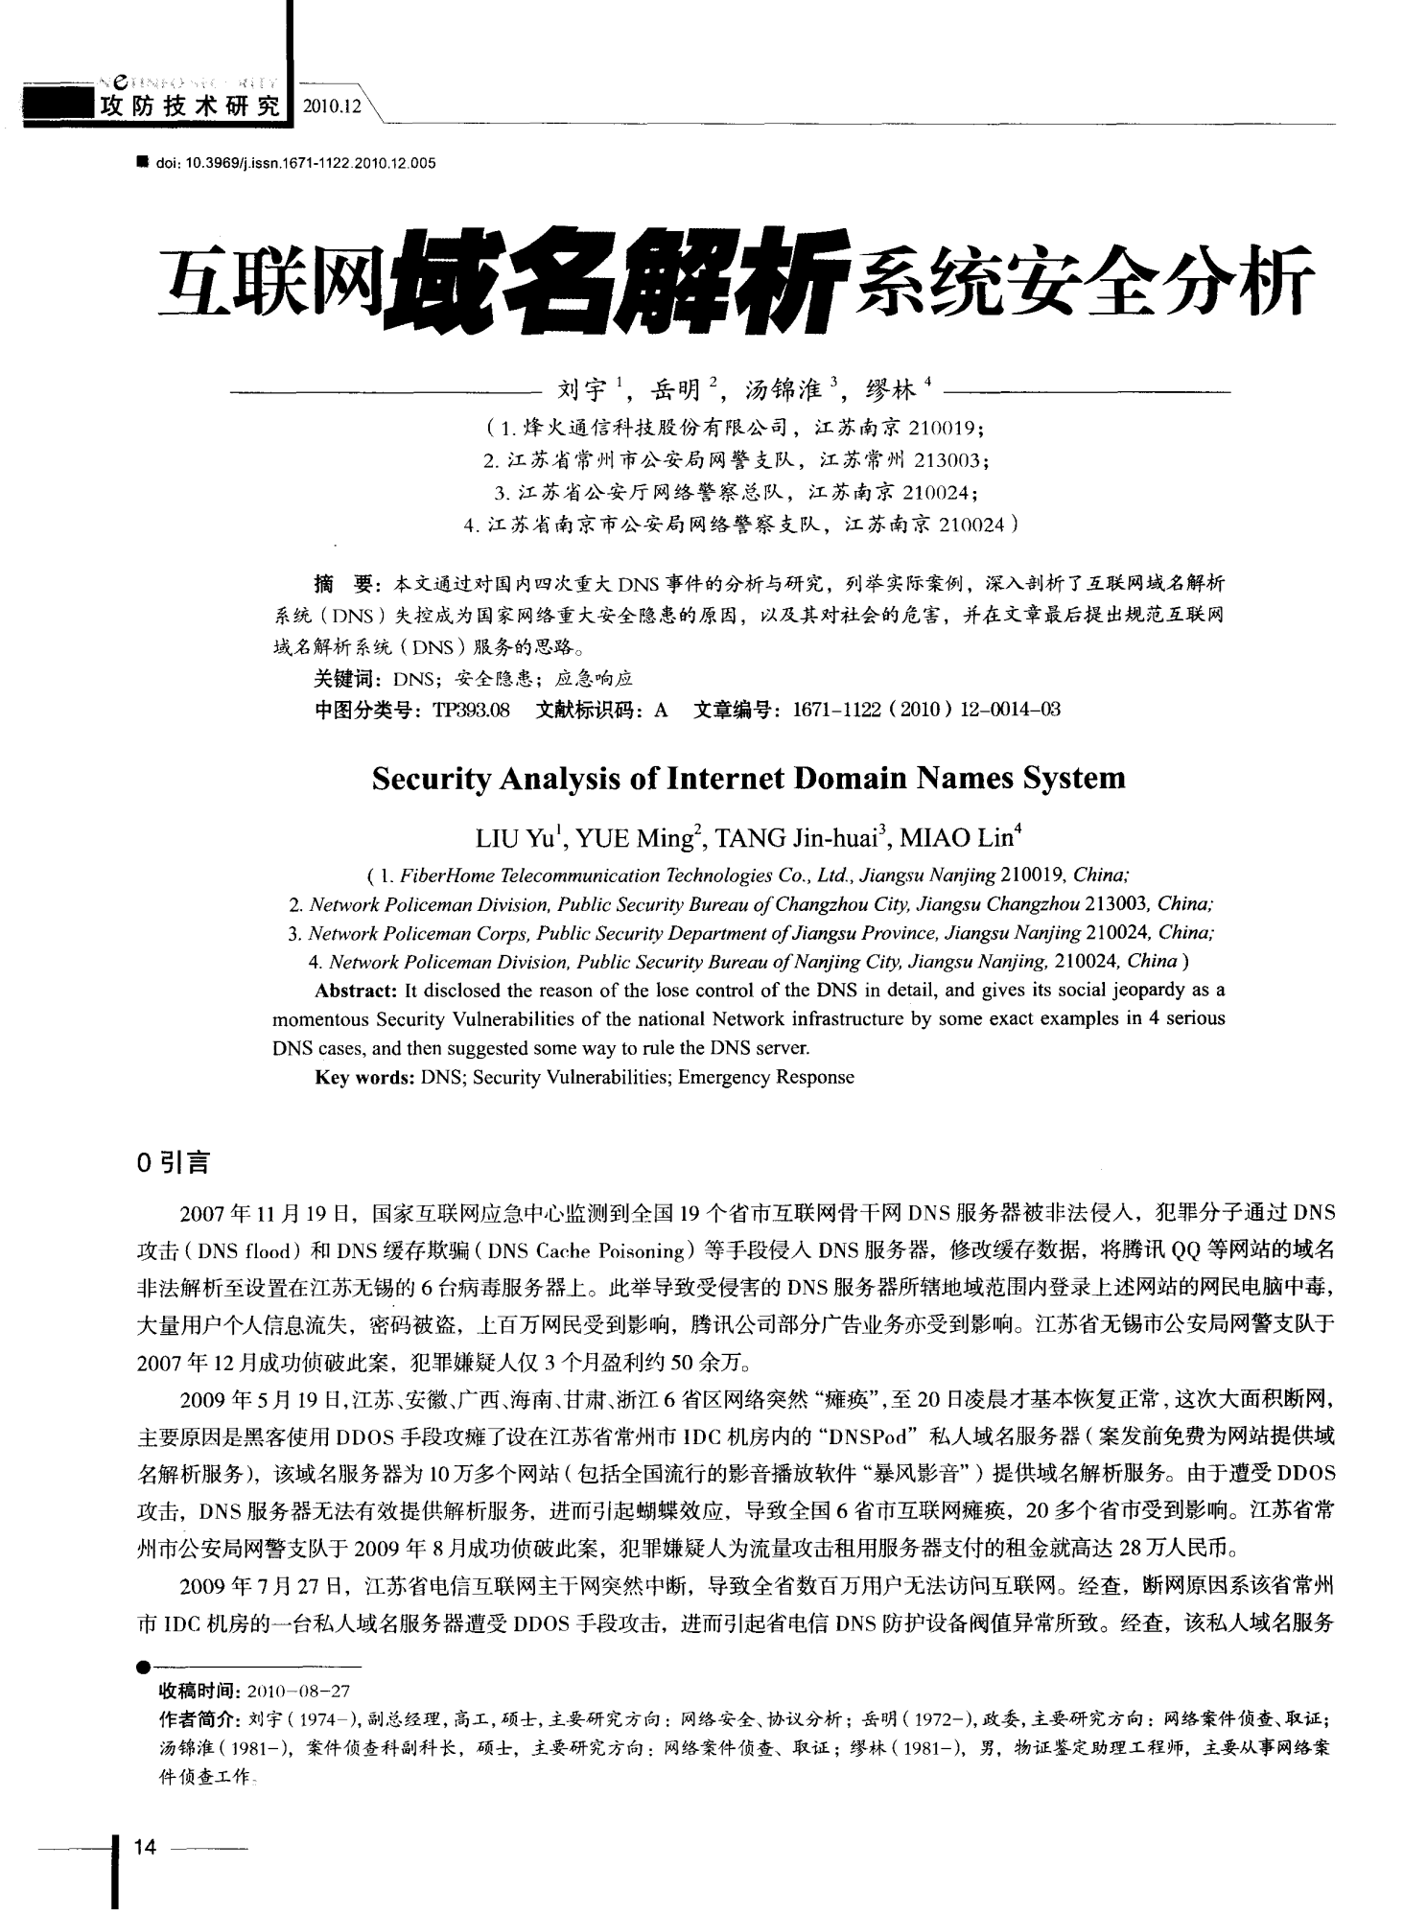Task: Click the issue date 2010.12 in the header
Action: (331, 106)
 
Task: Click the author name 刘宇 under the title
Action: (582, 389)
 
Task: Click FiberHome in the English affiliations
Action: (441, 875)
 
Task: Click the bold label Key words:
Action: (365, 1077)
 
